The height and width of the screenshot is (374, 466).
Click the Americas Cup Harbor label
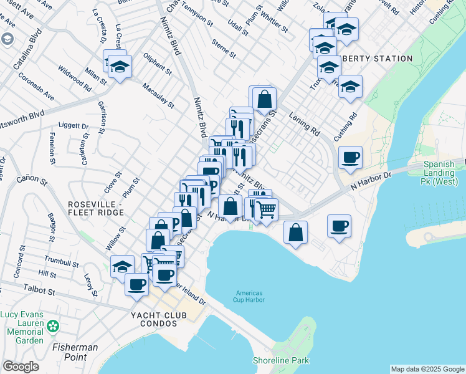tap(249, 297)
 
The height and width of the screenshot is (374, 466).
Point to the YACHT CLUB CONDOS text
tap(158, 316)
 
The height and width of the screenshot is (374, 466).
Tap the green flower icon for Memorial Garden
tap(54, 325)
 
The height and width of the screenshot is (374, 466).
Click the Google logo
tap(21, 367)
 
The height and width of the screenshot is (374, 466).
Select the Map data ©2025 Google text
tap(427, 369)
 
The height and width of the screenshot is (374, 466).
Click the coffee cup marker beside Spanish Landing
tap(350, 157)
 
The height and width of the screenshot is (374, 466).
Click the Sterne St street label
tap(224, 49)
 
